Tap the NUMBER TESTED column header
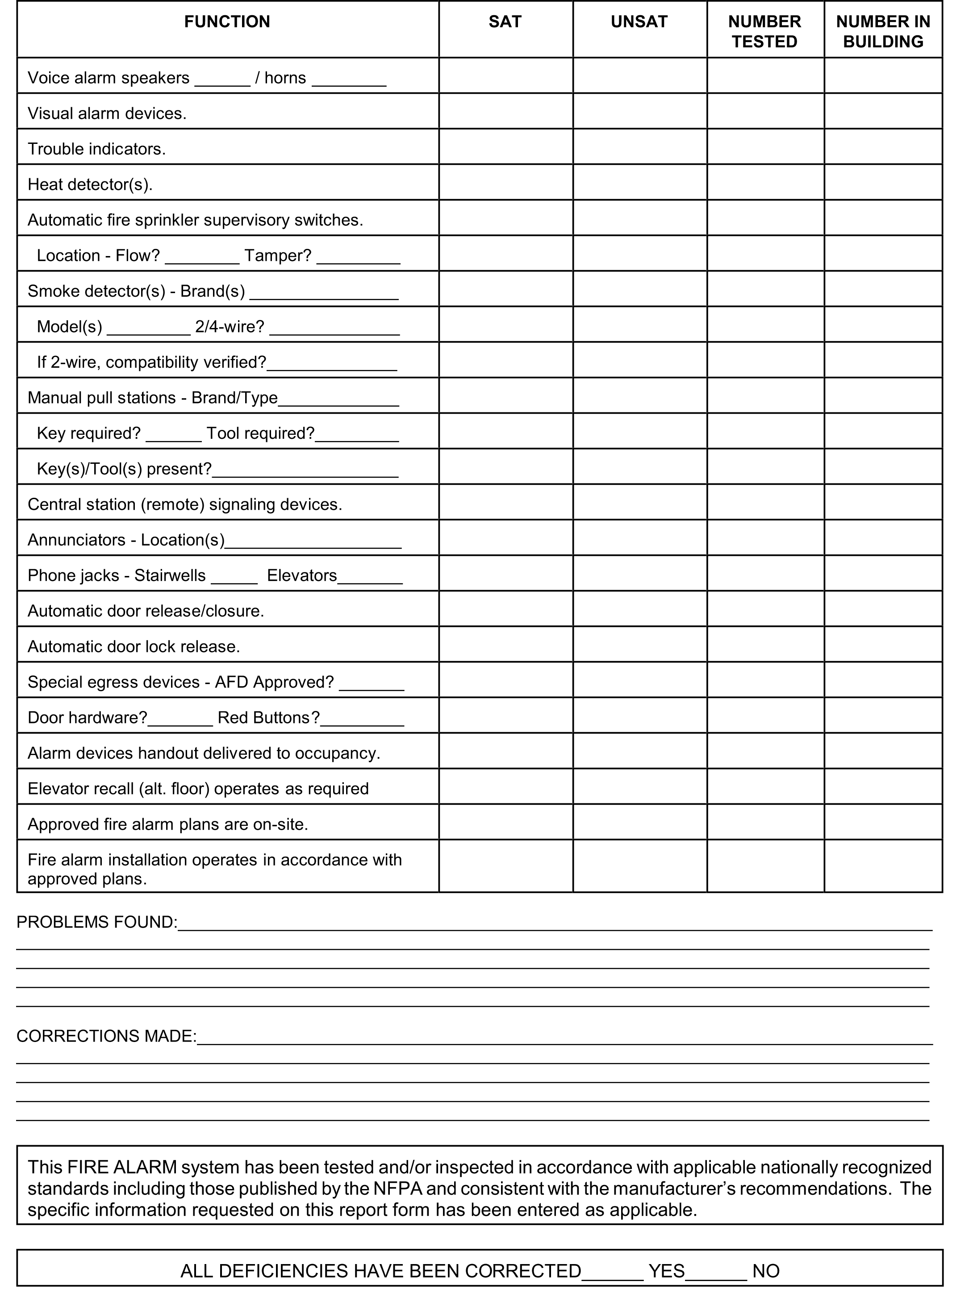[764, 32]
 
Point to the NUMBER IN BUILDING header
[883, 32]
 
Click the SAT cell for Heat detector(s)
[505, 182]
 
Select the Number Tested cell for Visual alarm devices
[765, 111]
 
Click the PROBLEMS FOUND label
[96, 922]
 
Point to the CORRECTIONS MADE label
[106, 1036]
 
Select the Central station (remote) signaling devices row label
[185, 504]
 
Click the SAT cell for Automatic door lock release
[505, 644]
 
